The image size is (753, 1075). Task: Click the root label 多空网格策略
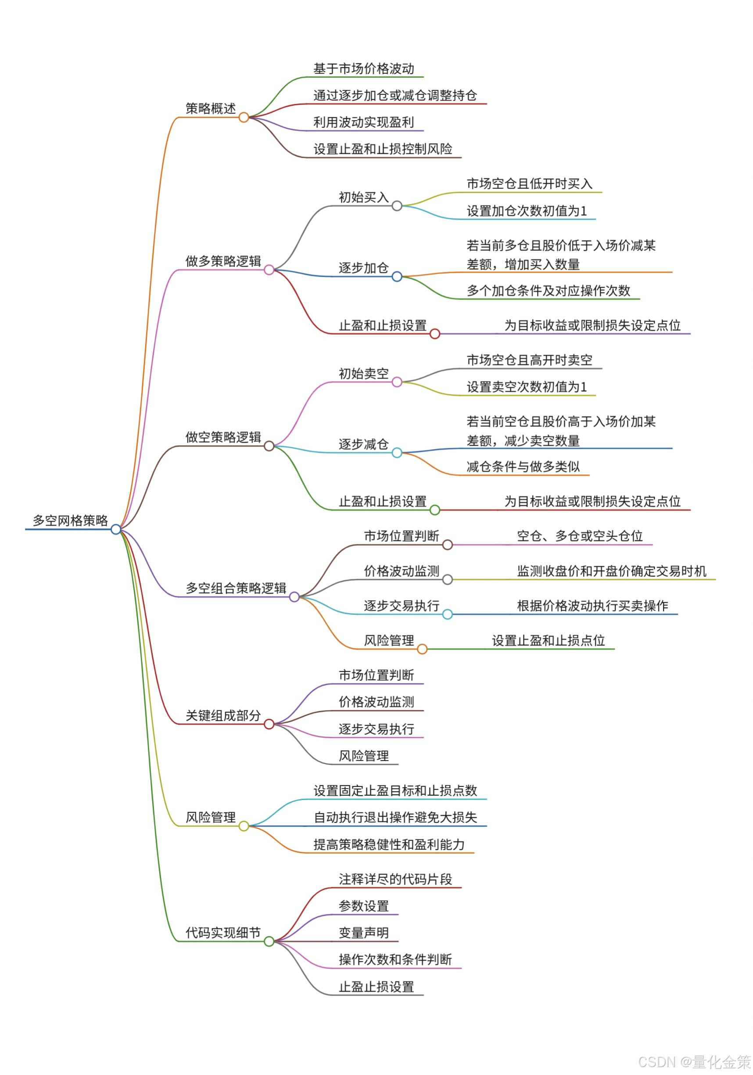[70, 520]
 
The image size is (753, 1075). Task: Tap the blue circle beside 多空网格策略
[115, 529]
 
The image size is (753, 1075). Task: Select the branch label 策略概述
[211, 108]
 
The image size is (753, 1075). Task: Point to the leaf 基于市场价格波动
[364, 69]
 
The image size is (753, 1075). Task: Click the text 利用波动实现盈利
[364, 122]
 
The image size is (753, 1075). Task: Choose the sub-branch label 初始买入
[364, 197]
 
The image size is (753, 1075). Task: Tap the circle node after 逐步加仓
[397, 277]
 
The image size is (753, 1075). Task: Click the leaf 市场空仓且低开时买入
[529, 184]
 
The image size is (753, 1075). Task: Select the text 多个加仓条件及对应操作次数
[549, 290]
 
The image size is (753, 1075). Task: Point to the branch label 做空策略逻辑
[223, 437]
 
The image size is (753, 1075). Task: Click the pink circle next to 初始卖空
[397, 382]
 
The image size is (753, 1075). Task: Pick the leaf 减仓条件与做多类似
[523, 466]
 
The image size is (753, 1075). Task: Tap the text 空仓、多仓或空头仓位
[580, 536]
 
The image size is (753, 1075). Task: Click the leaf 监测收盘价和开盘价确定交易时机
[612, 571]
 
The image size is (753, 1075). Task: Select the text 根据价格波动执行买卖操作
[592, 606]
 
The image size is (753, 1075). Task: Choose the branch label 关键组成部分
[223, 715]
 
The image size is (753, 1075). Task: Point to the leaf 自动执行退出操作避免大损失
[395, 818]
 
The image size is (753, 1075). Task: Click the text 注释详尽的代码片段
[395, 879]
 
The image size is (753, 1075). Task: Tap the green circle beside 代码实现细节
[269, 941]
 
